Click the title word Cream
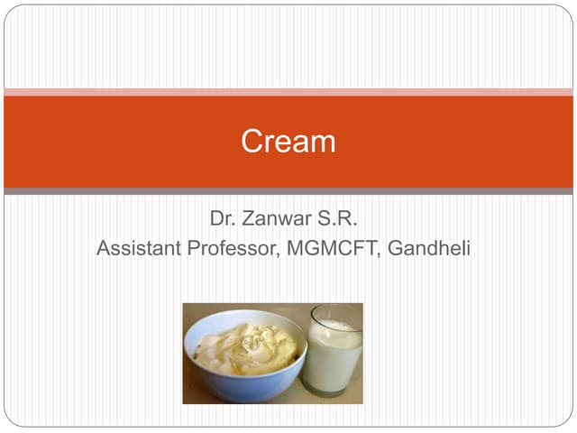[288, 142]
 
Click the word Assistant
[140, 248]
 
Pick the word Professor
[235, 248]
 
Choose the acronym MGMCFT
[334, 248]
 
